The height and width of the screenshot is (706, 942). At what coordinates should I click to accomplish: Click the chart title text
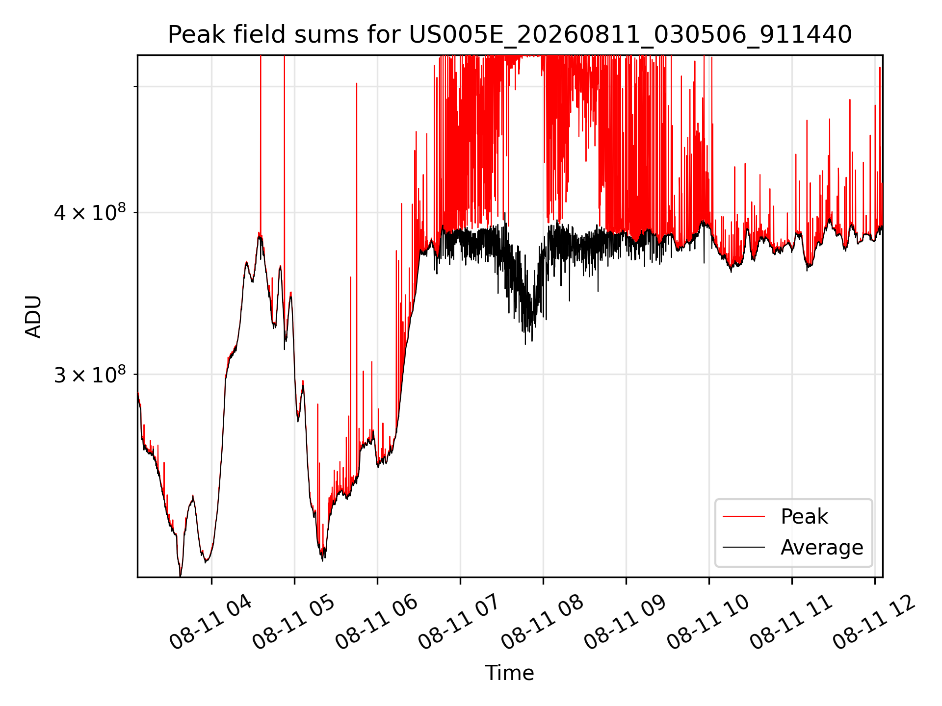point(510,35)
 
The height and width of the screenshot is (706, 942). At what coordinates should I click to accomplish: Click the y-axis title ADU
point(33,316)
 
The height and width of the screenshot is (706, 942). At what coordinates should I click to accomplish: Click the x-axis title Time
point(509,673)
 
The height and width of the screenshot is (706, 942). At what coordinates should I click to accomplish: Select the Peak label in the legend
point(804,516)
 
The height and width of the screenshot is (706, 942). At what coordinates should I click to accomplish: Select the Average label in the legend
point(822,547)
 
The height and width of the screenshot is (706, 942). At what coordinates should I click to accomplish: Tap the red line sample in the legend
point(744,516)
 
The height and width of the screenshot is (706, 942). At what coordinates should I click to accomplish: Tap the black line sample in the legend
point(744,547)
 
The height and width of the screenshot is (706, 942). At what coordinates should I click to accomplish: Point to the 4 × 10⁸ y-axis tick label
point(90,213)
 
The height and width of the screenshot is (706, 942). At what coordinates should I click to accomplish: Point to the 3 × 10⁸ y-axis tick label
point(90,375)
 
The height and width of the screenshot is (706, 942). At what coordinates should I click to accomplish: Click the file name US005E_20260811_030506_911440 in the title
point(630,35)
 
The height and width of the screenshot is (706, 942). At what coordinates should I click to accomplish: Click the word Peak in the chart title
point(192,35)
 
